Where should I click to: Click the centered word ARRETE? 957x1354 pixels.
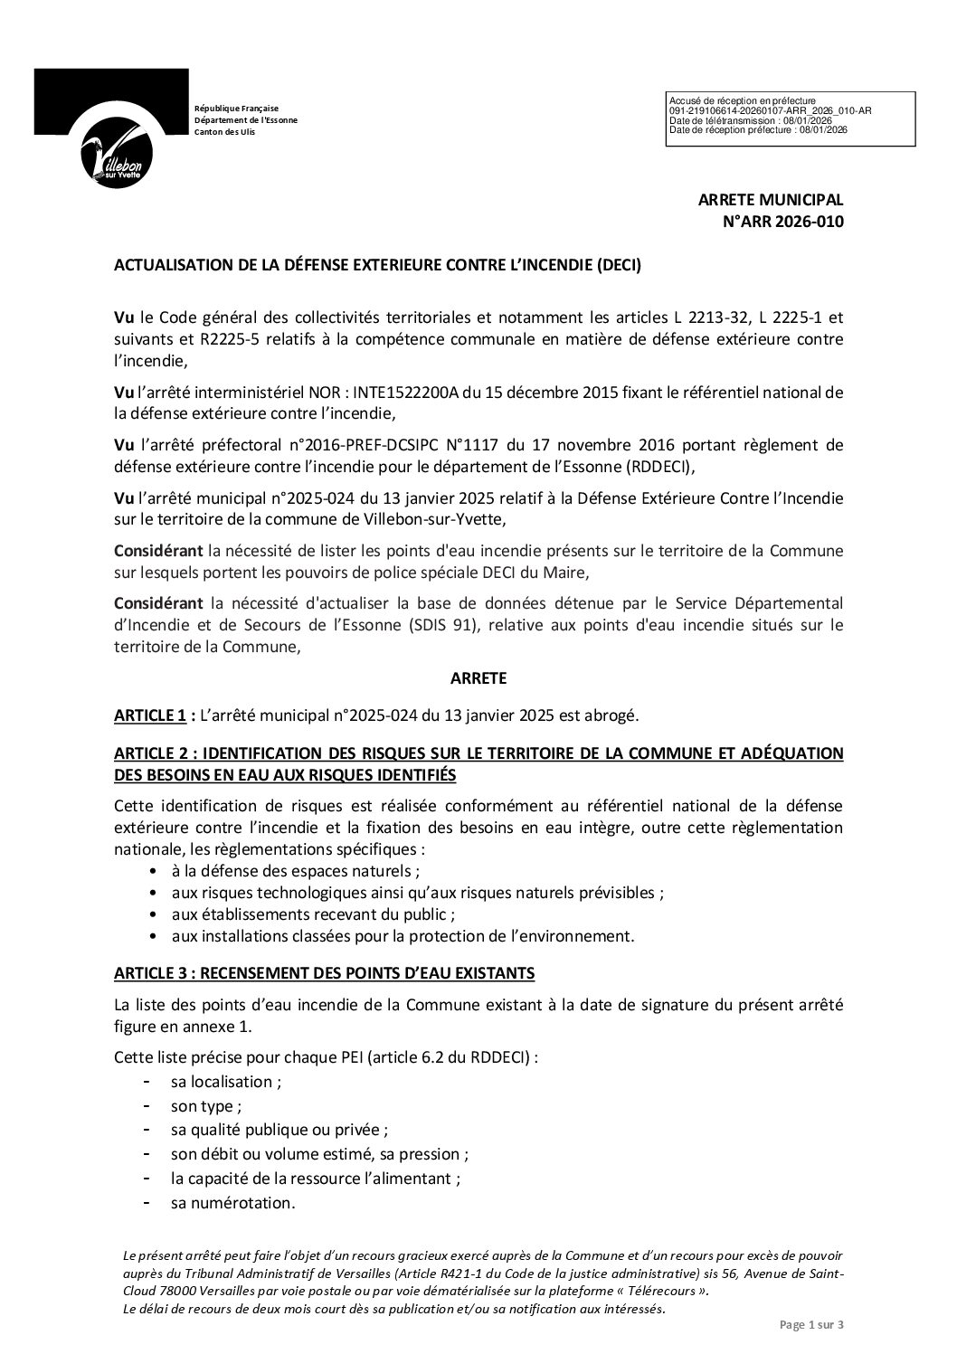click(478, 677)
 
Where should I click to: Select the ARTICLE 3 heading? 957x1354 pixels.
click(325, 973)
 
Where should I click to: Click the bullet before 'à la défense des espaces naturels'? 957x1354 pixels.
click(150, 871)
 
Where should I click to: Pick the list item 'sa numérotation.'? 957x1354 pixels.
click(232, 1203)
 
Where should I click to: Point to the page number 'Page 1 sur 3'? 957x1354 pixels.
click(811, 1326)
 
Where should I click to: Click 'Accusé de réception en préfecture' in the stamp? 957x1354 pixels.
click(742, 100)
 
